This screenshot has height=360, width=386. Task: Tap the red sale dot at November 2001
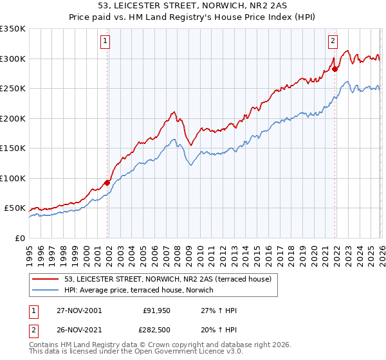point(107,183)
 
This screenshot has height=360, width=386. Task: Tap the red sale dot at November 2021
point(335,69)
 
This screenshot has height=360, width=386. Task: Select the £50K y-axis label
point(15,208)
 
